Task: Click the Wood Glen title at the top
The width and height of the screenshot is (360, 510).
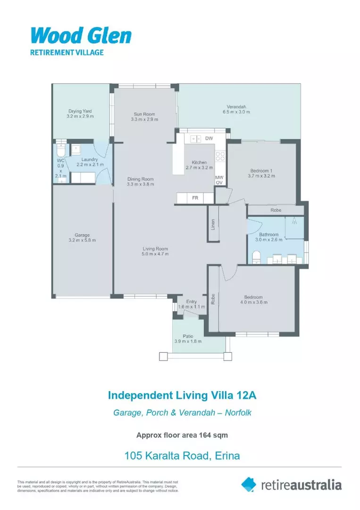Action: click(81, 36)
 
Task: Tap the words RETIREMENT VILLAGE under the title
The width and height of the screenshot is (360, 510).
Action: click(67, 52)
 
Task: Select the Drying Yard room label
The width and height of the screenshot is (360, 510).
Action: click(80, 111)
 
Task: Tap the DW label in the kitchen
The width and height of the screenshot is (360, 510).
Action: click(209, 138)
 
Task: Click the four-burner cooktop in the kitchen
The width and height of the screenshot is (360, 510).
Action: click(220, 155)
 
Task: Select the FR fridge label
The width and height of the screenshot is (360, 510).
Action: click(195, 198)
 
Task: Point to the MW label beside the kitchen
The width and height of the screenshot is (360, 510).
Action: click(219, 178)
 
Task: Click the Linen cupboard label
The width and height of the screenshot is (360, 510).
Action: click(213, 224)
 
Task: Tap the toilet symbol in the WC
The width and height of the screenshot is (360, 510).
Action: click(60, 151)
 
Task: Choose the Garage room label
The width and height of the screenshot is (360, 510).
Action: click(82, 235)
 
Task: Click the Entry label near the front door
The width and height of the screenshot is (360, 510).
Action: click(192, 301)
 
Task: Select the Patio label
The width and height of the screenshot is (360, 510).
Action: click(188, 336)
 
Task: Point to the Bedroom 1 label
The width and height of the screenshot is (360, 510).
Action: click(261, 170)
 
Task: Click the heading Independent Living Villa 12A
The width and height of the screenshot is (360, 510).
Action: click(179, 394)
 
